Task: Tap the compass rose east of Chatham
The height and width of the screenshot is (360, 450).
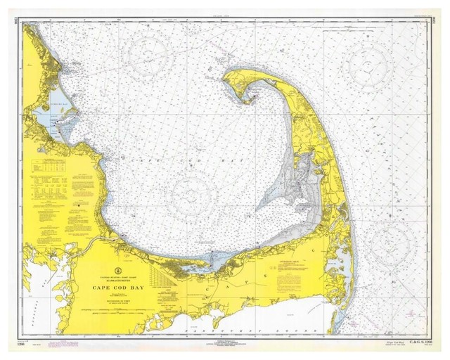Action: (394, 243)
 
